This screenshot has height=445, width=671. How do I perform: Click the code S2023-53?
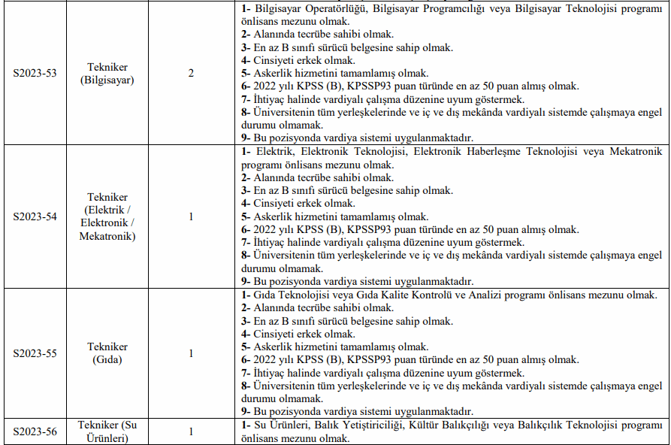35,73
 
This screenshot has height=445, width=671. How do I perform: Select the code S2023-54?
35,216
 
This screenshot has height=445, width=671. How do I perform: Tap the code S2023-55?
35,353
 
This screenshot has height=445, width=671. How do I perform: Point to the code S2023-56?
35,431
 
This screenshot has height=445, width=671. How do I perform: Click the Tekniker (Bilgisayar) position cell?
107,73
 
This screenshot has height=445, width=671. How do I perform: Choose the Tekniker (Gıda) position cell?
107,353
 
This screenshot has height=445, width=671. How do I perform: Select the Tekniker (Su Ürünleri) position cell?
107,431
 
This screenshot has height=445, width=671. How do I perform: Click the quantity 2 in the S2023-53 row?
191,73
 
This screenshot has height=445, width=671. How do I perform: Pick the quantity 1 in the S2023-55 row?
191,353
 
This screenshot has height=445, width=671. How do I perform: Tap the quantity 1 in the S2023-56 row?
191,431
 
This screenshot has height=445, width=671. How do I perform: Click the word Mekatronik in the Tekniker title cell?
107,236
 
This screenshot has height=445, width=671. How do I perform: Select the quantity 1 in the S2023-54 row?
191,216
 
